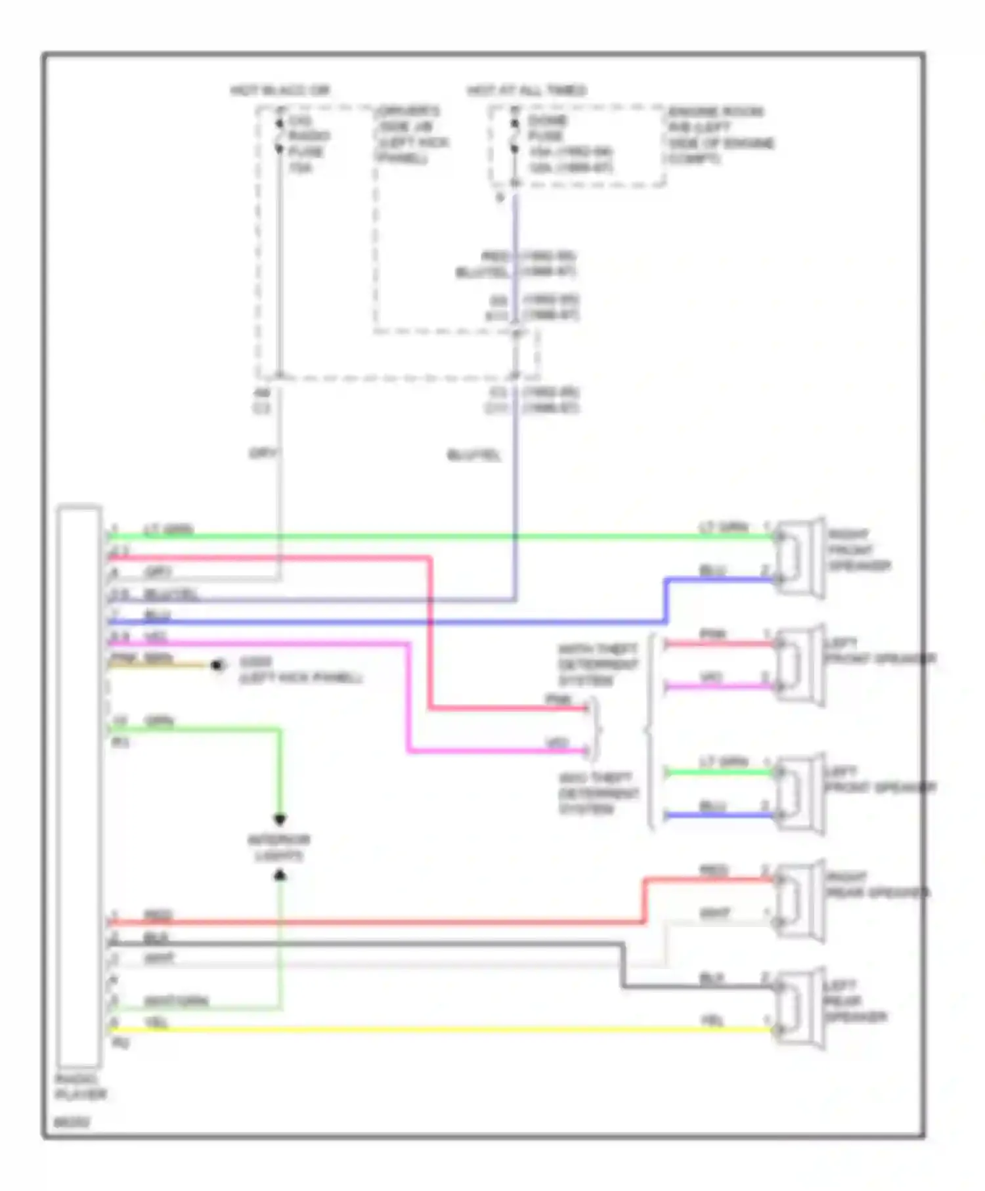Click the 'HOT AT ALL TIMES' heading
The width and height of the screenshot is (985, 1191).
click(527, 90)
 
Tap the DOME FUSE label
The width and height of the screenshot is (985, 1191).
click(546, 129)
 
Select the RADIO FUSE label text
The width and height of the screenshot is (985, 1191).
click(309, 136)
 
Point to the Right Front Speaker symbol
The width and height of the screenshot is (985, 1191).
click(800, 557)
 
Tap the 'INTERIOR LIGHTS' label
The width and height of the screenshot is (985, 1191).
click(278, 848)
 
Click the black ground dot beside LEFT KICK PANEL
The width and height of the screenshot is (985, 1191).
click(217, 666)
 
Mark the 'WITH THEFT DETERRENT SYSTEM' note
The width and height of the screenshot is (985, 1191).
click(598, 664)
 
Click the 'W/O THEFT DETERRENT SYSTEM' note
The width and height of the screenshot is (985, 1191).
click(598, 793)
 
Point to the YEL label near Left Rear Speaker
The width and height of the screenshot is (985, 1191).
click(712, 1020)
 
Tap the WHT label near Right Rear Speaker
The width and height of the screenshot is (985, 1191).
click(714, 913)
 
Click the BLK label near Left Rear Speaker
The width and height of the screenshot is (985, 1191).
click(712, 978)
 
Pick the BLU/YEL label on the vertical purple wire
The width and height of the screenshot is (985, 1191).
click(473, 454)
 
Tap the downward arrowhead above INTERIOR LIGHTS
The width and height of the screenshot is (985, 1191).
click(280, 819)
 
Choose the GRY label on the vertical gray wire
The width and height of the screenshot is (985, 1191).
click(263, 453)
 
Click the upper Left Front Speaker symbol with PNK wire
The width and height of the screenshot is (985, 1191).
click(800, 664)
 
